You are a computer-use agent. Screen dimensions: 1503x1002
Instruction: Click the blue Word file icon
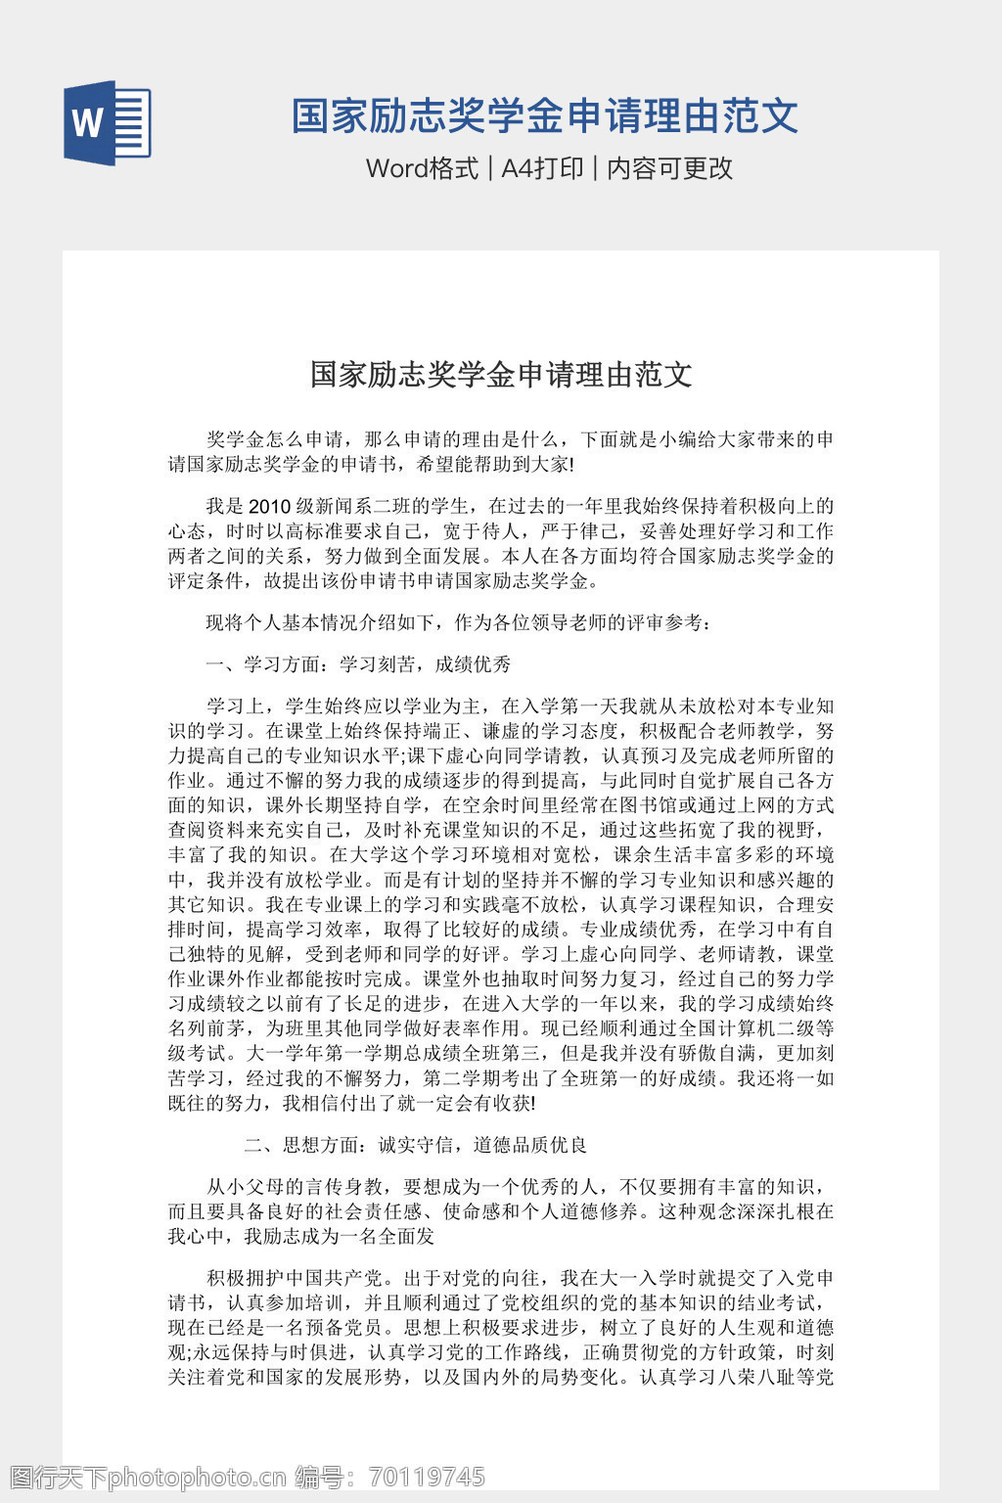click(x=108, y=122)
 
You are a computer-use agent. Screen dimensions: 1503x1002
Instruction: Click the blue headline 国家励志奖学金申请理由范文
click(x=545, y=116)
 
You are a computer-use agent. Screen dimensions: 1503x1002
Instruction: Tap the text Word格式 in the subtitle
click(x=422, y=168)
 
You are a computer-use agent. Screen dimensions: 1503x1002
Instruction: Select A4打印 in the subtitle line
click(x=542, y=168)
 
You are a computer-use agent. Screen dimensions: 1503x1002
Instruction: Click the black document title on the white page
click(x=501, y=374)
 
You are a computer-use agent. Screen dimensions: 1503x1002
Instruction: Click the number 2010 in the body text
click(x=270, y=507)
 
